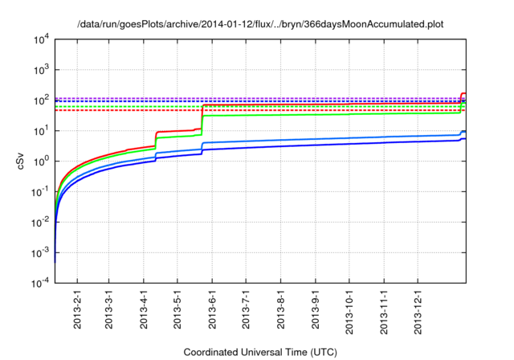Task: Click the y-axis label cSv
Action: point(22,161)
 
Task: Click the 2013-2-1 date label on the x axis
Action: point(77,309)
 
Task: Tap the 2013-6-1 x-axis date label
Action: point(213,309)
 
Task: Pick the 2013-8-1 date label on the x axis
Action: point(281,309)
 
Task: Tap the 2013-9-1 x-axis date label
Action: point(316,309)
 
